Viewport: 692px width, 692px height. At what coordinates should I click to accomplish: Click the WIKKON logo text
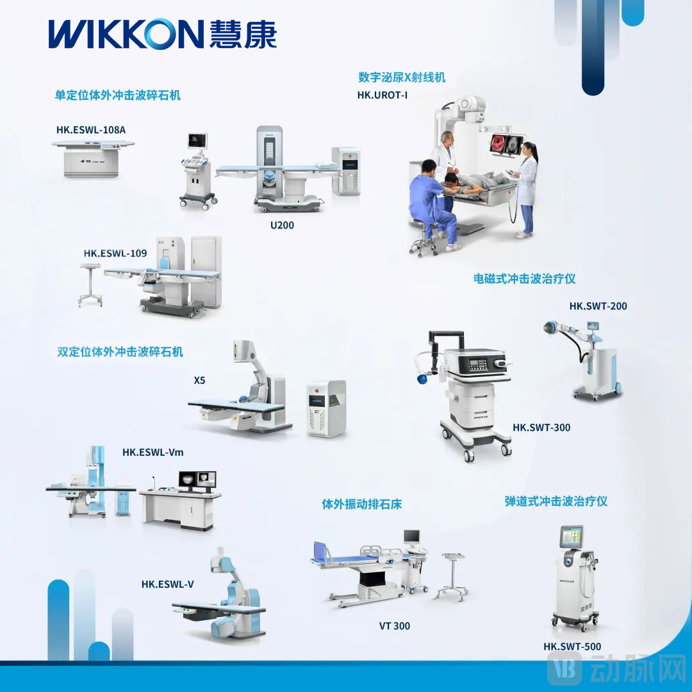pyautogui.click(x=125, y=34)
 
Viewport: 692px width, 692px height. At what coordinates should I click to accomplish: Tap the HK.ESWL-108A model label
pyautogui.click(x=91, y=130)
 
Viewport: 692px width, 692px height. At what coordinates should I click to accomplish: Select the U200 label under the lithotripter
pyautogui.click(x=282, y=225)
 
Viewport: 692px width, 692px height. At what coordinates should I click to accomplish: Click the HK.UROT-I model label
pyautogui.click(x=383, y=95)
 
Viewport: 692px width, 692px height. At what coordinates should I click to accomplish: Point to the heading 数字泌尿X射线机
pyautogui.click(x=402, y=77)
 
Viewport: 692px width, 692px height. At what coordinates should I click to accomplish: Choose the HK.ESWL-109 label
pyautogui.click(x=115, y=253)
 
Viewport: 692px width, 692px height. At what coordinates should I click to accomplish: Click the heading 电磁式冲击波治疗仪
pyautogui.click(x=524, y=278)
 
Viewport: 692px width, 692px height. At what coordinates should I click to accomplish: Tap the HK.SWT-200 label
pyautogui.click(x=598, y=306)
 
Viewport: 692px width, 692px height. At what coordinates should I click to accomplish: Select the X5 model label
pyautogui.click(x=200, y=380)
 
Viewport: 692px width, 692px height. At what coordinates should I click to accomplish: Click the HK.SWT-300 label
pyautogui.click(x=541, y=427)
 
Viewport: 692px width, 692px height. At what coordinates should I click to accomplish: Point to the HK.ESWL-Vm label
pyautogui.click(x=152, y=452)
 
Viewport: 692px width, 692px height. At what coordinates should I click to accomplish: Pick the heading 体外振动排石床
pyautogui.click(x=361, y=504)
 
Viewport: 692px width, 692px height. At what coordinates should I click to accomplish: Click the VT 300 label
pyautogui.click(x=394, y=626)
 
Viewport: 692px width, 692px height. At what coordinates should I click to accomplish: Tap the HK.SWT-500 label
pyautogui.click(x=572, y=647)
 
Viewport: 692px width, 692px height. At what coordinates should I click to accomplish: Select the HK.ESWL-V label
pyautogui.click(x=167, y=584)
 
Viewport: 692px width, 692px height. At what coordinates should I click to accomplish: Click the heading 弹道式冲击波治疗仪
pyautogui.click(x=556, y=501)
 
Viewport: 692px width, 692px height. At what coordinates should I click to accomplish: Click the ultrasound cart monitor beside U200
pyautogui.click(x=197, y=141)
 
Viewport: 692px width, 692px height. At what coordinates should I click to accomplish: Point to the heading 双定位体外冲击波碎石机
pyautogui.click(x=120, y=351)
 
